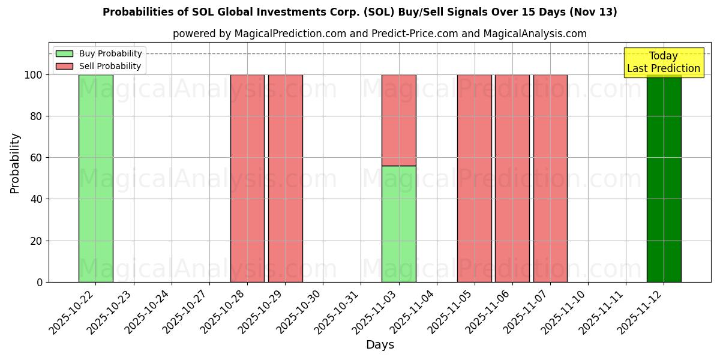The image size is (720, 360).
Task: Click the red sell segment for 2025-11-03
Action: click(399, 120)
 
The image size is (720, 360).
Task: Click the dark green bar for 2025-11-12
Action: click(664, 180)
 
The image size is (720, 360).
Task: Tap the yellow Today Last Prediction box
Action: click(664, 62)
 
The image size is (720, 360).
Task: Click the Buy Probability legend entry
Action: click(99, 53)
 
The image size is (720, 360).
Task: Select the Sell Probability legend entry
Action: click(99, 66)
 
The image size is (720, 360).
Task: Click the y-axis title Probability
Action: click(15, 163)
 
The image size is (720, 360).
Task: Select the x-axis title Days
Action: click(380, 345)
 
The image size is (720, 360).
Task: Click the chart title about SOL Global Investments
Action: click(360, 12)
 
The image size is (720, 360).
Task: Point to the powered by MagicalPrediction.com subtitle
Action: click(380, 34)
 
